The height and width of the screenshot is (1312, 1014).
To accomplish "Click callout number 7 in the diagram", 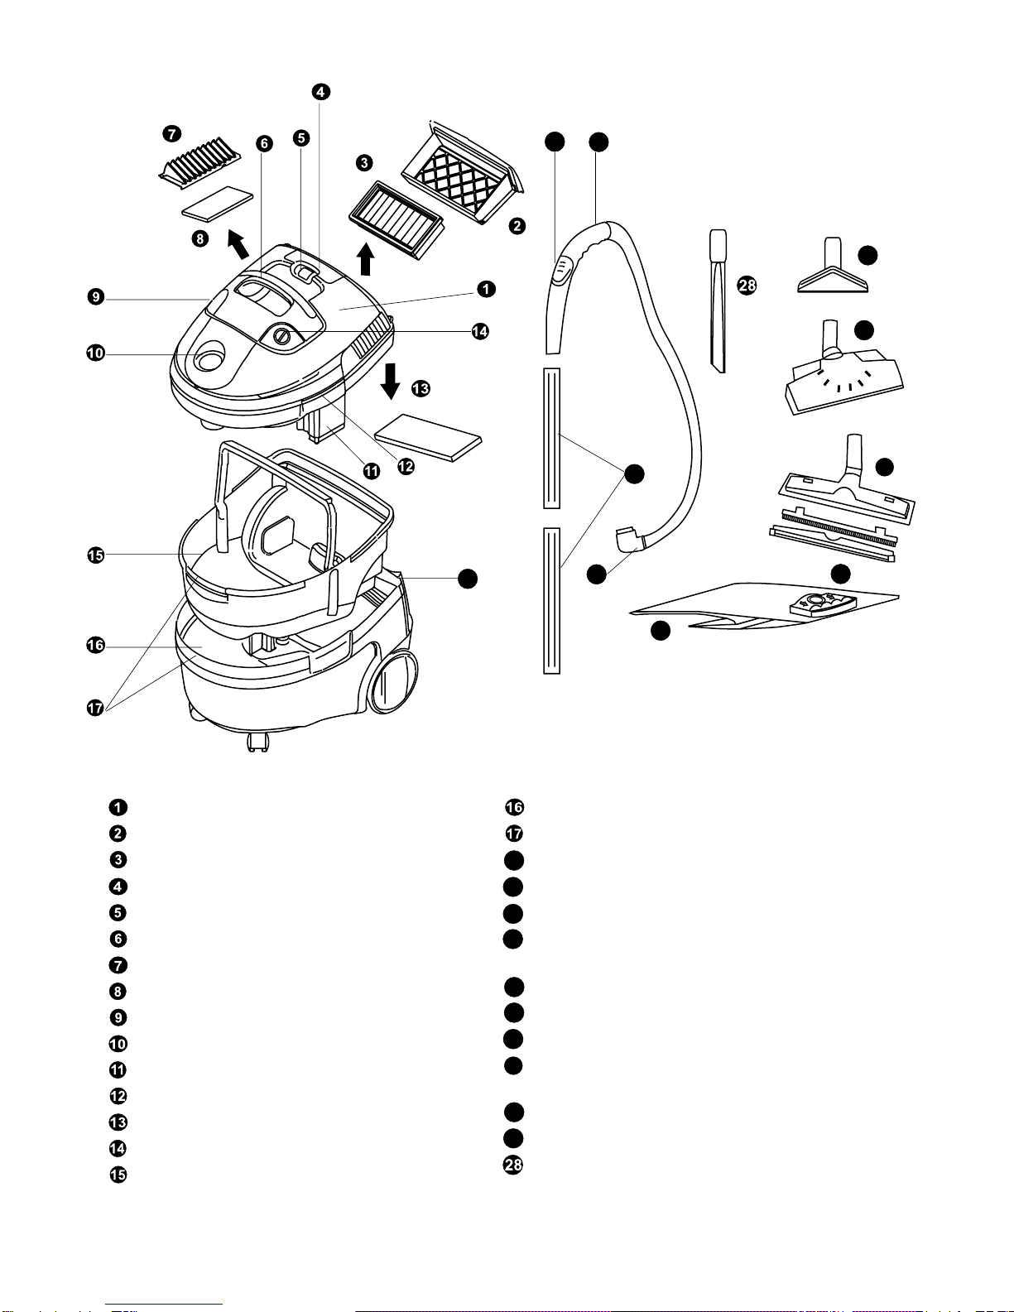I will click(171, 134).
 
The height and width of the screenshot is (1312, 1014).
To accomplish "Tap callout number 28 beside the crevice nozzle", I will click(747, 286).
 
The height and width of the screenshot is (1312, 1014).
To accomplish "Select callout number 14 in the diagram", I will click(480, 331).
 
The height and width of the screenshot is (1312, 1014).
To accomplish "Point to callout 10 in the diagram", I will click(95, 353).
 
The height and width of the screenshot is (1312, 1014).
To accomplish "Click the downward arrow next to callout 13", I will click(392, 382).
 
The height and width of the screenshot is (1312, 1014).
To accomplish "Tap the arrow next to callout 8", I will click(238, 244).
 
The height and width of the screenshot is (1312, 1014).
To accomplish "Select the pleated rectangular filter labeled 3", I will click(396, 219).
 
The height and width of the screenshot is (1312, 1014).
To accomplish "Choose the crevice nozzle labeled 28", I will click(718, 302).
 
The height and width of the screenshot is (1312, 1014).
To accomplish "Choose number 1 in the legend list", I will click(118, 807).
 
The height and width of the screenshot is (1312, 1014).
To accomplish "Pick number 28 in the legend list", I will click(514, 1165).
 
